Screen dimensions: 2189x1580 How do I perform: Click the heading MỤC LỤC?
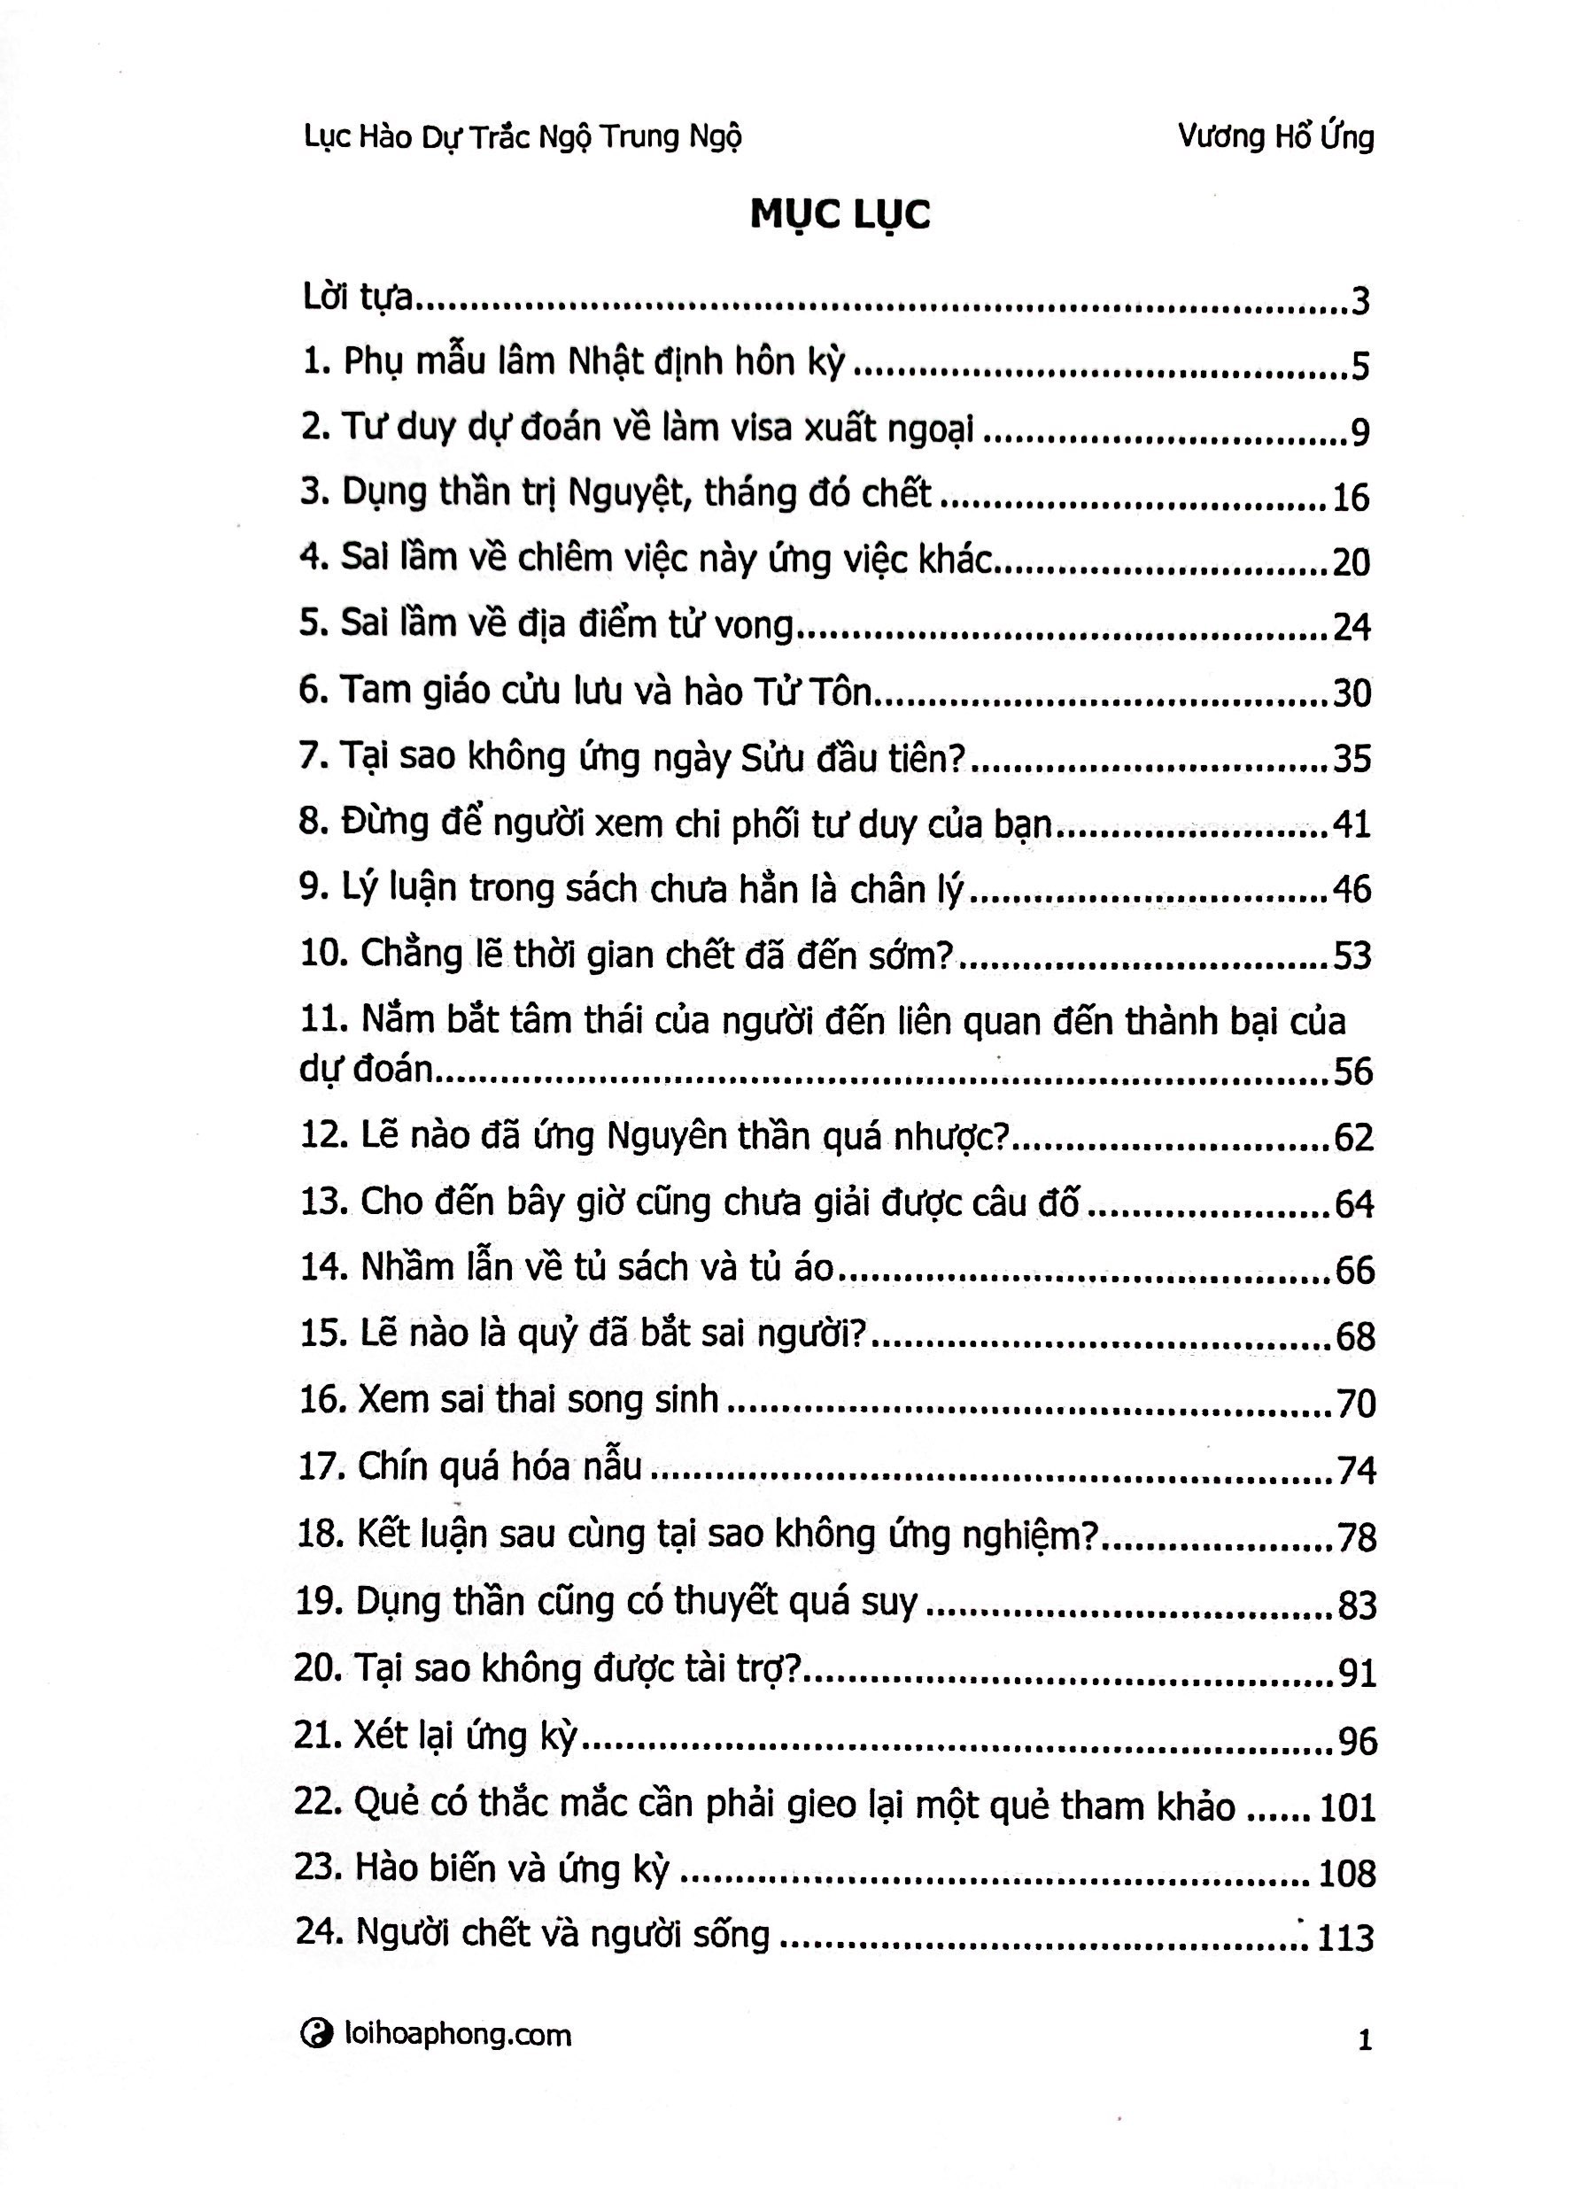(x=839, y=214)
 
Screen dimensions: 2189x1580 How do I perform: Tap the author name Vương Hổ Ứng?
(x=1275, y=137)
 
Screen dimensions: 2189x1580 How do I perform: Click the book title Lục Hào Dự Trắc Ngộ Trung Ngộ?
(x=523, y=138)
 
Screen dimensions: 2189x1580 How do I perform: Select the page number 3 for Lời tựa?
(x=1360, y=303)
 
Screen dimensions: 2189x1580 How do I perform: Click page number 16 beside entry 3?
(x=1351, y=497)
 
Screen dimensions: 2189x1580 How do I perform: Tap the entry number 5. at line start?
(x=314, y=624)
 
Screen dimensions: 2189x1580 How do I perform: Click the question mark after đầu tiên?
(x=955, y=759)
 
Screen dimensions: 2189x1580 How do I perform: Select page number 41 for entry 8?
(x=1352, y=825)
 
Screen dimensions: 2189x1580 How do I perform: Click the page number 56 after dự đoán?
(x=1352, y=1071)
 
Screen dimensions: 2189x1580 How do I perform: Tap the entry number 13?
(x=322, y=1203)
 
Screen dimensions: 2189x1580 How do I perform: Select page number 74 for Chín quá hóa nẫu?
(x=1356, y=1470)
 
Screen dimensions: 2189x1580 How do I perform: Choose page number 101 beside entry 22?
(x=1346, y=1806)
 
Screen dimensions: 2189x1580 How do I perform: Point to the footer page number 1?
(x=1364, y=2040)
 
